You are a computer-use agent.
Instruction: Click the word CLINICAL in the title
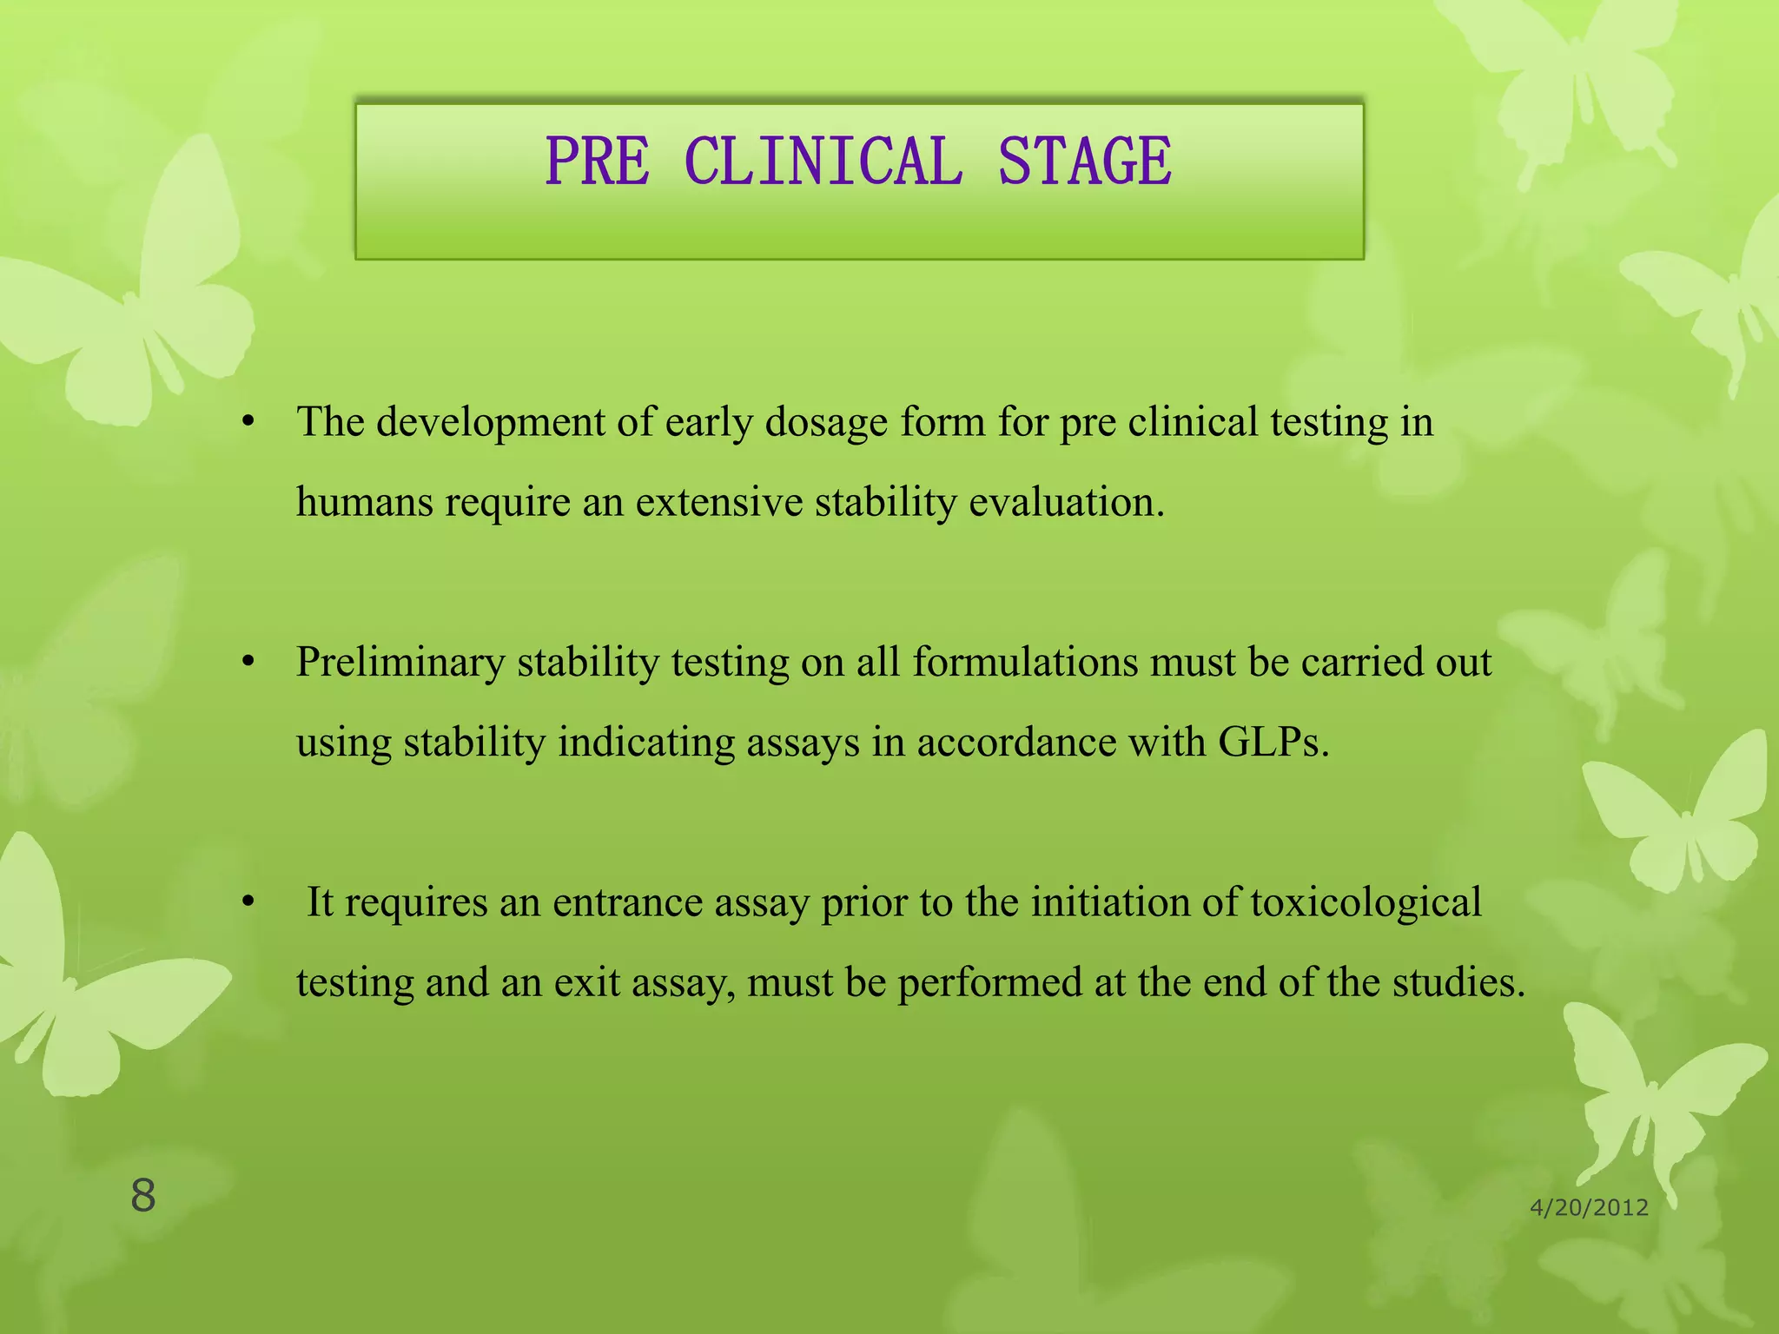[x=823, y=162]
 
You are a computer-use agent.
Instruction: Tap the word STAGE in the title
[x=1085, y=162]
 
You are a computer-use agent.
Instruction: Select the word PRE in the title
[x=597, y=162]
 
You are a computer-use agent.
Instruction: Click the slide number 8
[x=143, y=1196]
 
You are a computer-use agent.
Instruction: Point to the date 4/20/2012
[x=1589, y=1207]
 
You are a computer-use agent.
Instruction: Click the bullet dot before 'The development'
[x=249, y=423]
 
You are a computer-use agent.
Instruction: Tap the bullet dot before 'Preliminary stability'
[x=249, y=664]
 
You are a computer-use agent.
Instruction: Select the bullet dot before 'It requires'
[x=249, y=903]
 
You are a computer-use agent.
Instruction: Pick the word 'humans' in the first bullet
[x=365, y=502]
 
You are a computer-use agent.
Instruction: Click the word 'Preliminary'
[x=400, y=664]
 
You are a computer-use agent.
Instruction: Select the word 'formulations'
[x=1025, y=664]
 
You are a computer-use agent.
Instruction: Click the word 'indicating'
[x=646, y=743]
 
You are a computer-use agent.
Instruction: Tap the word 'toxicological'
[x=1366, y=903]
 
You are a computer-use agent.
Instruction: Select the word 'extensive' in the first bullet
[x=719, y=502]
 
